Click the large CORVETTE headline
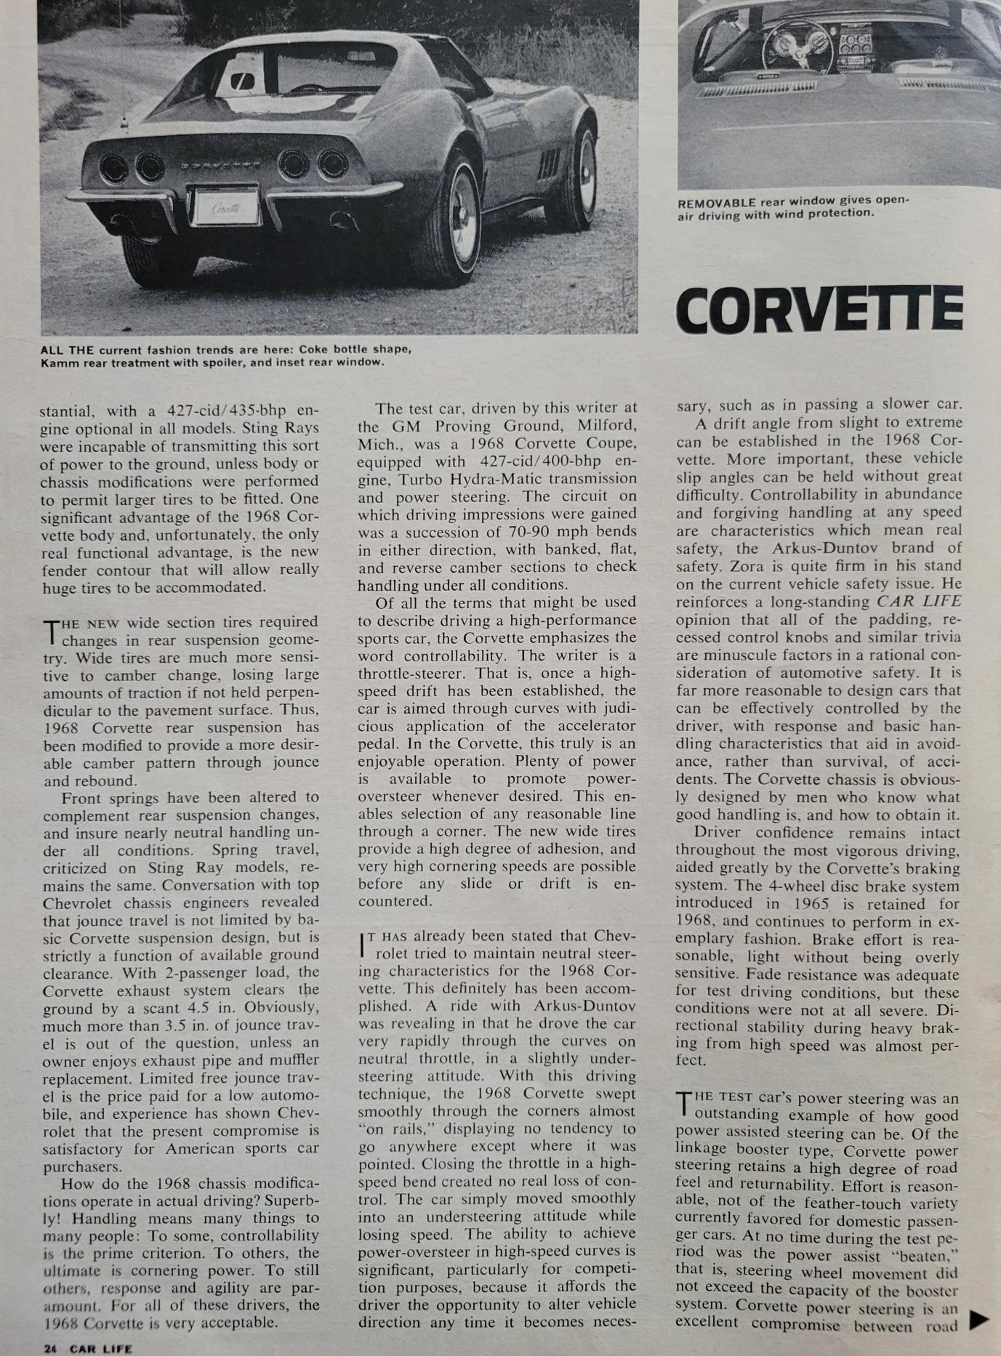(819, 309)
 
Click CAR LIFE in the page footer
(101, 1349)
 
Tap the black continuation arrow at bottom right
(980, 1319)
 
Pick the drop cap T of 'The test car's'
(683, 1105)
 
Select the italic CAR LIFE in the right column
(918, 602)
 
